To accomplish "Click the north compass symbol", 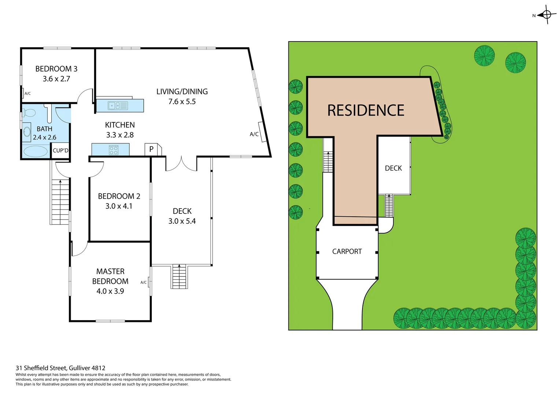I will point(546,15).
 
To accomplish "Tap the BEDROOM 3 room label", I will point(56,69).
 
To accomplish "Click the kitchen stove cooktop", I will point(114,150).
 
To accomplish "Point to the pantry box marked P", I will point(151,149).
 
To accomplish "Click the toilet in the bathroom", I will point(29,113).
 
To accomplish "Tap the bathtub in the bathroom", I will point(36,151).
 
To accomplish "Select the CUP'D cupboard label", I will point(60,151).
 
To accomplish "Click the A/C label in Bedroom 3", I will point(27,93).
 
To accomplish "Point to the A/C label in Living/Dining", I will point(254,134).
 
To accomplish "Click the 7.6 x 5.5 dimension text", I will point(182,102).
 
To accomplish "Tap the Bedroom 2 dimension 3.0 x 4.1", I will point(119,206).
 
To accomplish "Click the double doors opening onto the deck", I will point(181,164).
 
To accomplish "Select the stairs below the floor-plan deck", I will point(179,276).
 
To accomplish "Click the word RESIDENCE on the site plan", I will point(365,110).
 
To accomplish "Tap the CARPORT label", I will point(347,252).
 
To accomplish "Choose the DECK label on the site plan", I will point(393,168).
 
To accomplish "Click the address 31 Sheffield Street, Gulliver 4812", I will point(60,368).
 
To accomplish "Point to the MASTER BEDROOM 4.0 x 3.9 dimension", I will point(110,291).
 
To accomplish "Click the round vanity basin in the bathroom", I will point(27,132).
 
